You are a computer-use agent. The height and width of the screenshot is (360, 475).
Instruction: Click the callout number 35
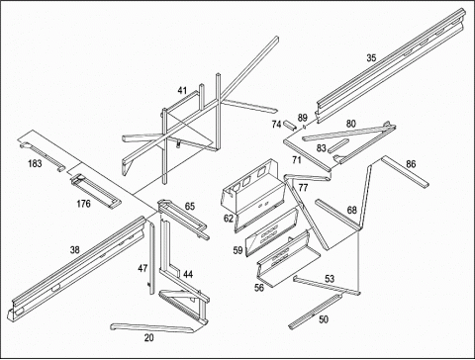tap(371, 57)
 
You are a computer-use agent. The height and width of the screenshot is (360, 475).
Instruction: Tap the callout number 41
tap(182, 90)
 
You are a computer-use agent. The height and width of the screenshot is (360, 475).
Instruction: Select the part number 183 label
tap(35, 163)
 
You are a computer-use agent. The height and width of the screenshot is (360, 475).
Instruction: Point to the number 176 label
tap(83, 204)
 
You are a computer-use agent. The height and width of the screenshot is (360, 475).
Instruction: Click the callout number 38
tap(74, 250)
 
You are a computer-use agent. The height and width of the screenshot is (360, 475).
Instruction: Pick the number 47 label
tap(142, 268)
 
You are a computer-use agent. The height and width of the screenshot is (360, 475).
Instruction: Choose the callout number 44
tap(188, 274)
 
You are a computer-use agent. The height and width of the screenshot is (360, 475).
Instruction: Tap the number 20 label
tap(148, 337)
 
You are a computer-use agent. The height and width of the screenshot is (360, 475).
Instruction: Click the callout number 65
tap(190, 207)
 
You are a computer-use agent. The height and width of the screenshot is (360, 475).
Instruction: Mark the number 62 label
tap(229, 218)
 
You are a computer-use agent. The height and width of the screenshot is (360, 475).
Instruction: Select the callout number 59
tap(237, 250)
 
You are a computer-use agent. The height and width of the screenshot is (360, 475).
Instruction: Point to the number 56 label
tap(259, 288)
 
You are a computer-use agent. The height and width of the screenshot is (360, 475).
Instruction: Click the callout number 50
tap(324, 319)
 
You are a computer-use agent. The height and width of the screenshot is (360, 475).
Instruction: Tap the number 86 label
tap(411, 164)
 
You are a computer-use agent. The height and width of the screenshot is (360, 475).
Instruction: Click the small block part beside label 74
tap(290, 126)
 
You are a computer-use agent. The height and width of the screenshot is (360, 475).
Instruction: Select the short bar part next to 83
tap(338, 145)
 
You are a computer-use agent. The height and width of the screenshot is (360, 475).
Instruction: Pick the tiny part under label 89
tap(305, 126)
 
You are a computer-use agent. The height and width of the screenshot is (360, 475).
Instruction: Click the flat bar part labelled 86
tap(406, 172)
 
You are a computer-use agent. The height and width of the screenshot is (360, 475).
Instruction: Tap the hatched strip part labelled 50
tap(315, 312)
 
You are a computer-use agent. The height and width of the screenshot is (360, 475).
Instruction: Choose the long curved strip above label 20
tap(151, 327)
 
